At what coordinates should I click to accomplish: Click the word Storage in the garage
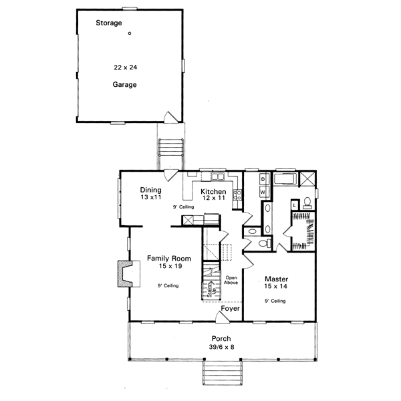[108, 23]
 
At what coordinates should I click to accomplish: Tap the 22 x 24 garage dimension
[124, 69]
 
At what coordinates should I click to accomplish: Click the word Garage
[124, 85]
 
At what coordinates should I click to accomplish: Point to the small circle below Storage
[130, 33]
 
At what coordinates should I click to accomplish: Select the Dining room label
[150, 190]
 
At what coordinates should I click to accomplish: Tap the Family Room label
[169, 259]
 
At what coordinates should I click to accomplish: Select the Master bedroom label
[276, 279]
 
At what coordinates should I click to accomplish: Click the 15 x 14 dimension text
[276, 287]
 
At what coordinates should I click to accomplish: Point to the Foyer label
[231, 309]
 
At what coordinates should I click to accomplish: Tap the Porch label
[222, 338]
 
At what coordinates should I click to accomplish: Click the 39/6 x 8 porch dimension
[222, 347]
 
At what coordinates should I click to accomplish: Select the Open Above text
[232, 280]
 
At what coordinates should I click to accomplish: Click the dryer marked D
[263, 180]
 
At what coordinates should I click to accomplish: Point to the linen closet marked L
[295, 206]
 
